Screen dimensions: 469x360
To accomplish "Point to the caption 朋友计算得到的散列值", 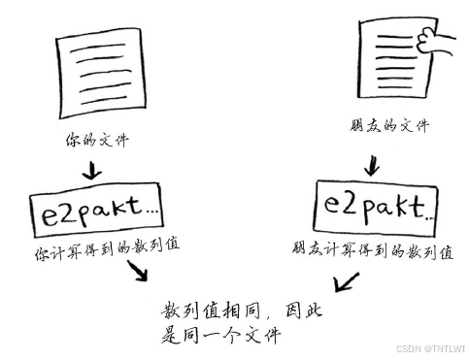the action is click(x=372, y=251).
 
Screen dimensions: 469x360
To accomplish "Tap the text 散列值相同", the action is click(x=206, y=313).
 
